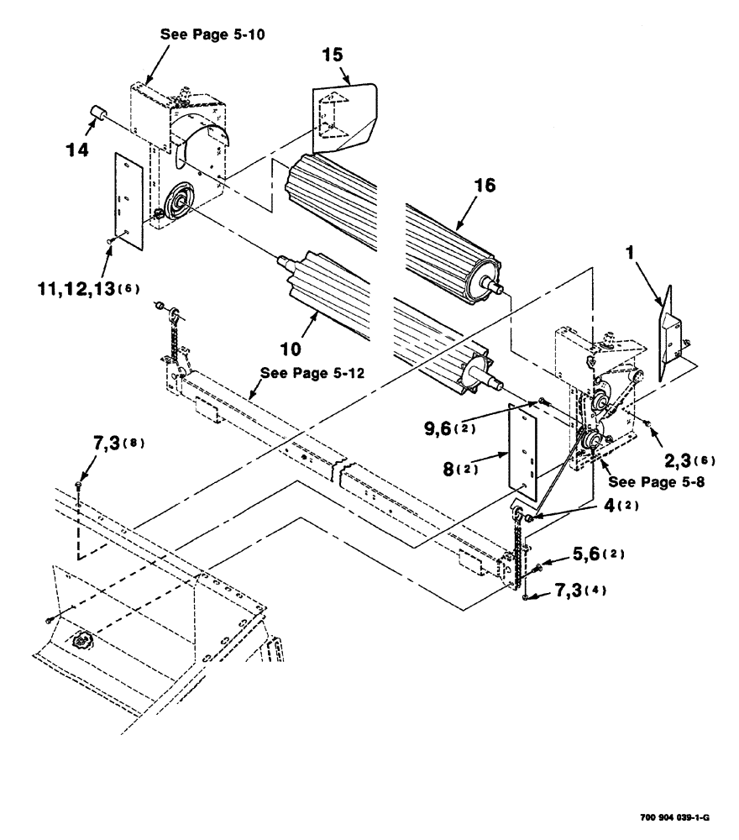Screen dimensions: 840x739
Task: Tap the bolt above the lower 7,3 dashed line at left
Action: (78, 484)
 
